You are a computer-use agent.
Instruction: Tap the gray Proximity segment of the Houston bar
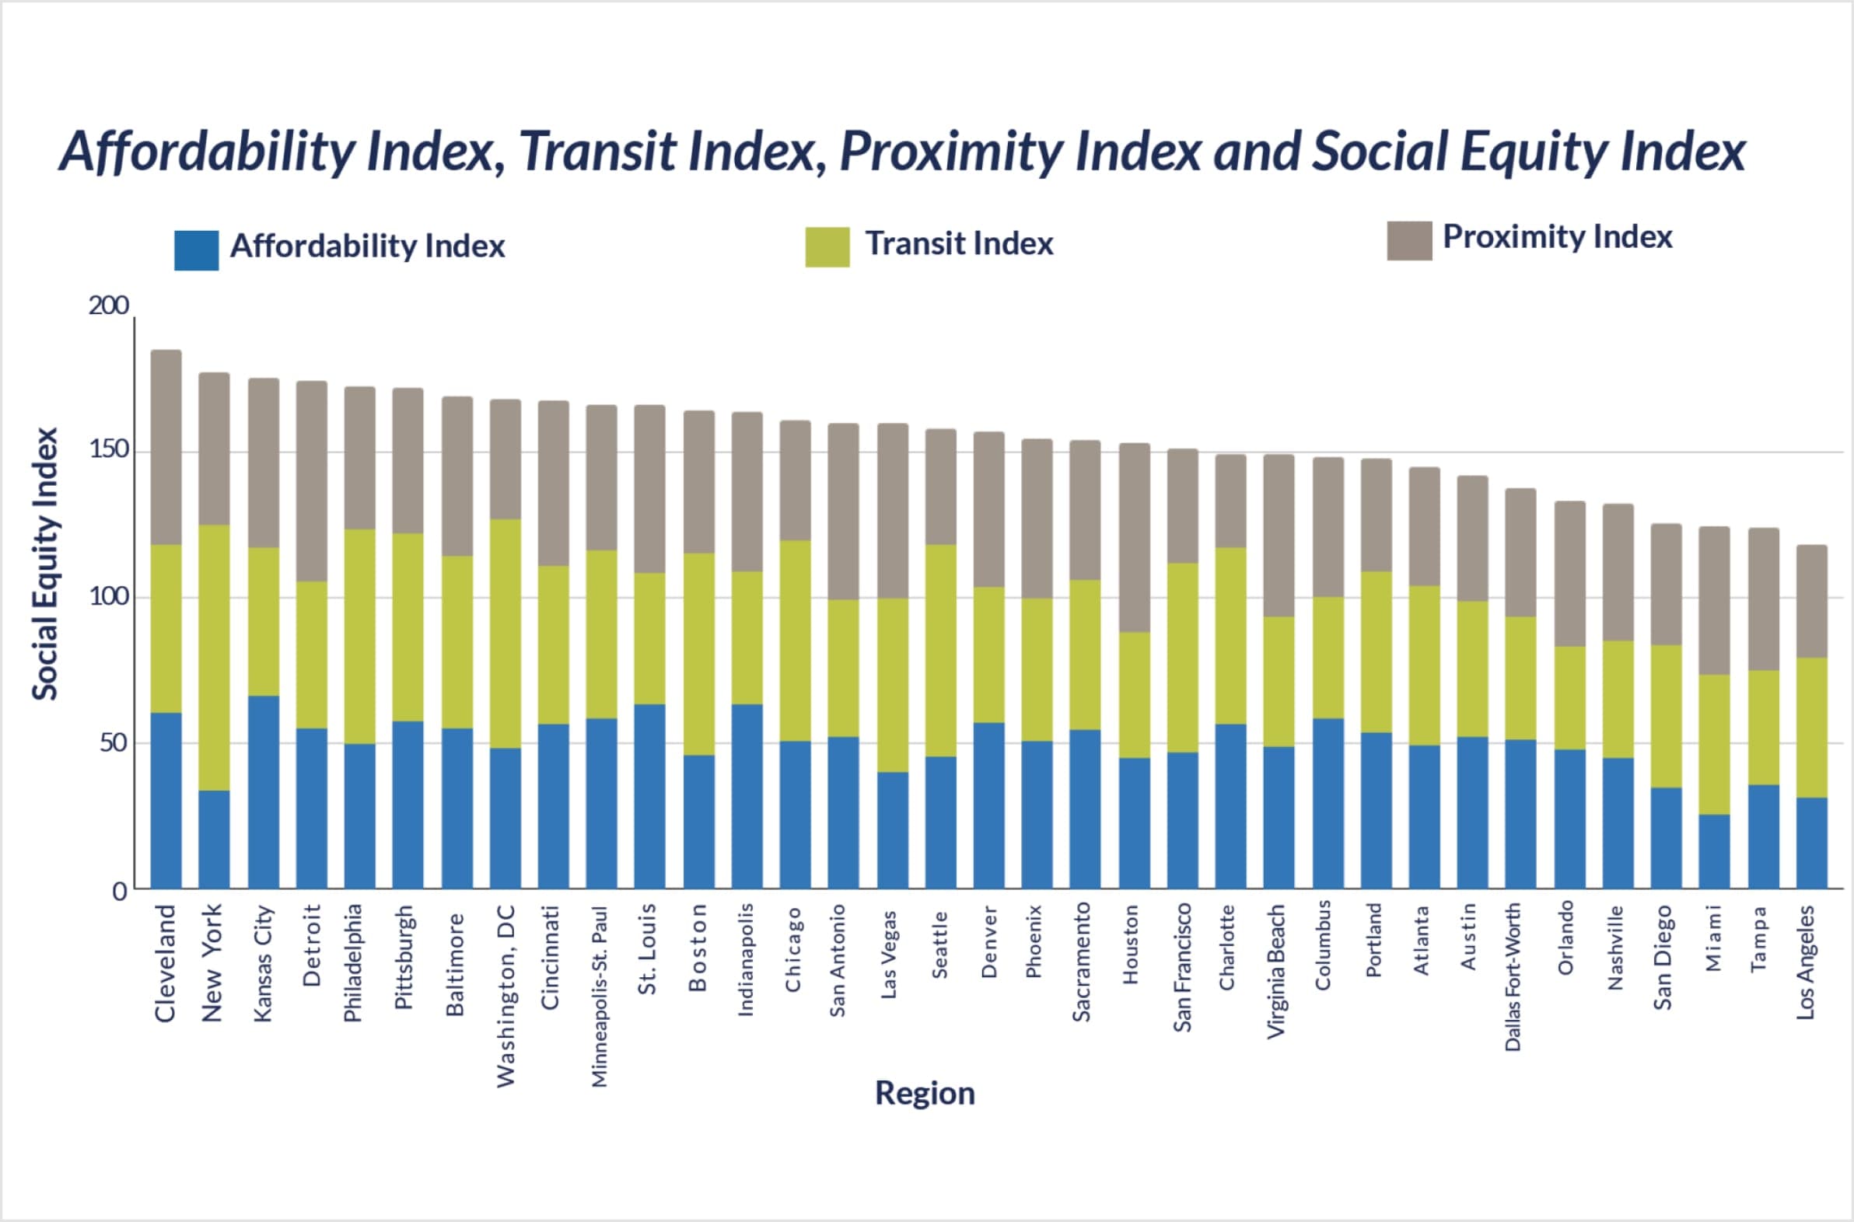point(1135,537)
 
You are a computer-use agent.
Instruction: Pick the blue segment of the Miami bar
point(1715,851)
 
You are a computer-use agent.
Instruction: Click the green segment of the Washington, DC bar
point(505,633)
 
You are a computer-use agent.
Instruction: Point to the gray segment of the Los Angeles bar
point(1812,601)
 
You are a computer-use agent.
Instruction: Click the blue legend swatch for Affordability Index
point(197,250)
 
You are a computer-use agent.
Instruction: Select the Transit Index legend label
point(959,244)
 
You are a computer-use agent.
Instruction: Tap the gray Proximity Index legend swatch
point(1409,240)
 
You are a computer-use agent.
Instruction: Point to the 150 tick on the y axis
point(108,450)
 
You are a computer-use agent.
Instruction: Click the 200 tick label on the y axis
point(108,305)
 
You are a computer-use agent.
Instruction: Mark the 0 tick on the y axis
point(119,892)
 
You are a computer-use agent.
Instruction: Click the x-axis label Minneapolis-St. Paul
point(599,996)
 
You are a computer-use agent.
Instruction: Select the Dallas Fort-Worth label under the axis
point(1513,977)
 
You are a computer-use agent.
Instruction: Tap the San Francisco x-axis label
point(1183,968)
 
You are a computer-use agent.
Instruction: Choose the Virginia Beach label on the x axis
point(1275,971)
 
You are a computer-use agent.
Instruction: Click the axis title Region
point(925,1094)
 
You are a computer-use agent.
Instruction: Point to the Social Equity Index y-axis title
point(45,564)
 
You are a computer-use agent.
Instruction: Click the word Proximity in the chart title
point(951,150)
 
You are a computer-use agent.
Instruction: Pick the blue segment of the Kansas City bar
point(264,792)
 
